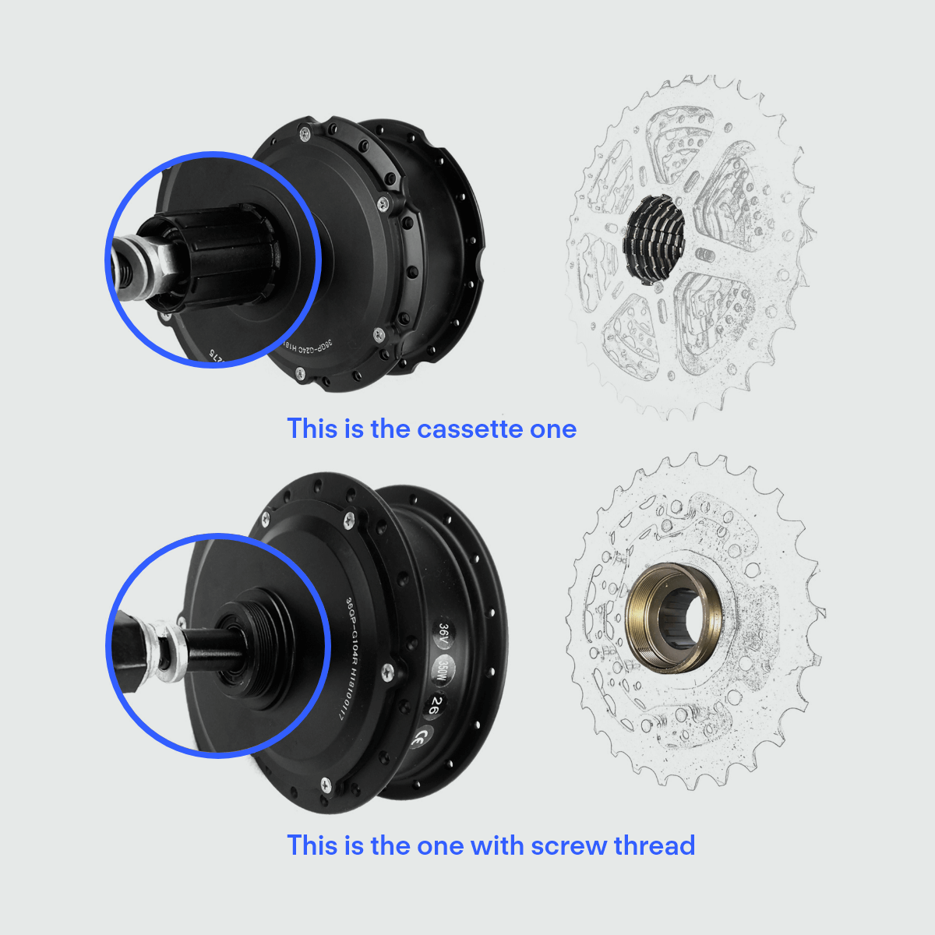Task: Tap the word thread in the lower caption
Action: pos(654,845)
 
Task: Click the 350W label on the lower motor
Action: pos(441,669)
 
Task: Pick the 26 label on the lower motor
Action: pos(433,705)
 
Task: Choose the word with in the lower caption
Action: pos(497,845)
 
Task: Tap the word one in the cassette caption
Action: pos(552,429)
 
